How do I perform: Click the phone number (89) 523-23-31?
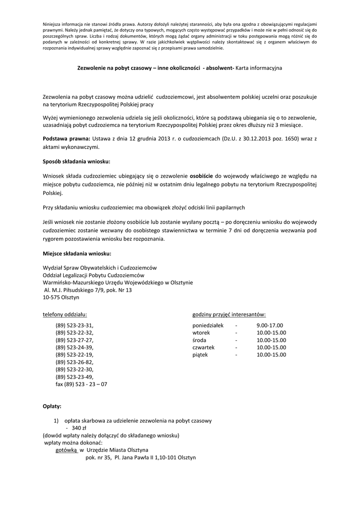(x=74, y=325)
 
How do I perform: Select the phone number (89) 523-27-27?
(x=74, y=340)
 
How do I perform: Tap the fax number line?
(x=81, y=384)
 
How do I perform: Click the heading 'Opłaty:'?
(x=52, y=406)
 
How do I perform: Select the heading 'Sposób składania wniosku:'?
(x=76, y=162)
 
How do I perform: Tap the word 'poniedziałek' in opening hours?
(x=208, y=325)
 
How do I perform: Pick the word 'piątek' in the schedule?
(x=200, y=355)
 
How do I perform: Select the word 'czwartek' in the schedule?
(x=203, y=347)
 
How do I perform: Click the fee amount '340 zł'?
(x=79, y=428)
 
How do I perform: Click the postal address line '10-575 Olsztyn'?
(x=61, y=298)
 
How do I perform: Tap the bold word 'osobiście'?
(x=202, y=176)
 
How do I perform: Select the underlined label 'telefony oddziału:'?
(x=65, y=314)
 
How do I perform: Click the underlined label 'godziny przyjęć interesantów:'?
(x=228, y=314)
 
